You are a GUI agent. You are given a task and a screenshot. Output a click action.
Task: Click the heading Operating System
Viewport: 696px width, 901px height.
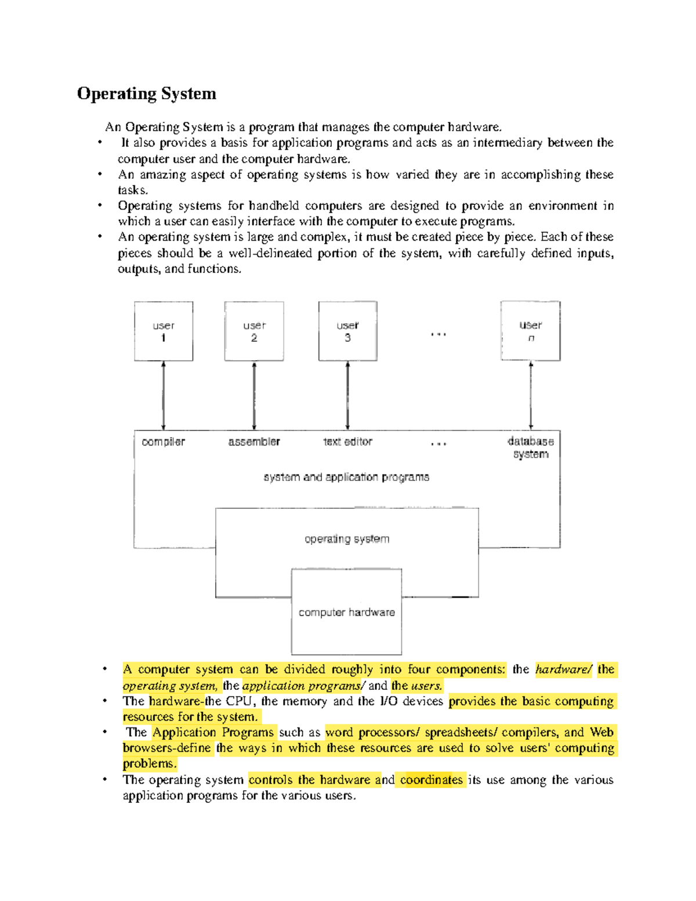[146, 93]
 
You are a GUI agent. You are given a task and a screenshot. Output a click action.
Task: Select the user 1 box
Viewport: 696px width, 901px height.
[164, 331]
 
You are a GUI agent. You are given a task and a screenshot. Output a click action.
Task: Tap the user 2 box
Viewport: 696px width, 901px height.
[254, 331]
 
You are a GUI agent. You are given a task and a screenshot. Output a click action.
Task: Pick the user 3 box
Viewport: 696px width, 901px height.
[347, 331]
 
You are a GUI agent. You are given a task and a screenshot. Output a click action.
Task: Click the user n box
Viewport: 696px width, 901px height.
[531, 331]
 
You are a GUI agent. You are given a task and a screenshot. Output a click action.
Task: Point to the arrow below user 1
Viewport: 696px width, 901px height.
[164, 395]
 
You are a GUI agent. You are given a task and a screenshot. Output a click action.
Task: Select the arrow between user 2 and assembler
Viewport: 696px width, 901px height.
[254, 395]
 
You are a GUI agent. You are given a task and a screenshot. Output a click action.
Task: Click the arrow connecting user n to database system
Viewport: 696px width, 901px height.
[531, 395]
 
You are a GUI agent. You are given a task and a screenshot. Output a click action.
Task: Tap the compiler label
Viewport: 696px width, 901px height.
[163, 442]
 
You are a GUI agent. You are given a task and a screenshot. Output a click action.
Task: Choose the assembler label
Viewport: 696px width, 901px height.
[254, 442]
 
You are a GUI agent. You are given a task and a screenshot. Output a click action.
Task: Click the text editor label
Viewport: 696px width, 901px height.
[347, 442]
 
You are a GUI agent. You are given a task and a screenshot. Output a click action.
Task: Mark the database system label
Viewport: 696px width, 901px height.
[531, 447]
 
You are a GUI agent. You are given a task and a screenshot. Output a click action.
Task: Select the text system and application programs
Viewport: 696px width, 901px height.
[346, 477]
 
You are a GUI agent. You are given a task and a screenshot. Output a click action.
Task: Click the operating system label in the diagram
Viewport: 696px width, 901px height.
[347, 539]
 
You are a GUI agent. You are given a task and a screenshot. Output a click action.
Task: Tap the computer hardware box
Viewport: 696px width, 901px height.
[346, 612]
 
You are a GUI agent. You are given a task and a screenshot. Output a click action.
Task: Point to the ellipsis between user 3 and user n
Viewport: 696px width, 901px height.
[438, 335]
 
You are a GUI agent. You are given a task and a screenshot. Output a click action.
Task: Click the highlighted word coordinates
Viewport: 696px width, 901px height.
[431, 780]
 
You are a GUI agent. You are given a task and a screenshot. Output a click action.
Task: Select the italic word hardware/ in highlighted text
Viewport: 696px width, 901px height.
[563, 670]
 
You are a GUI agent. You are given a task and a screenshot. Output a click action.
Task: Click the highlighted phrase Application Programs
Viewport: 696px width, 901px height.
[213, 732]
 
